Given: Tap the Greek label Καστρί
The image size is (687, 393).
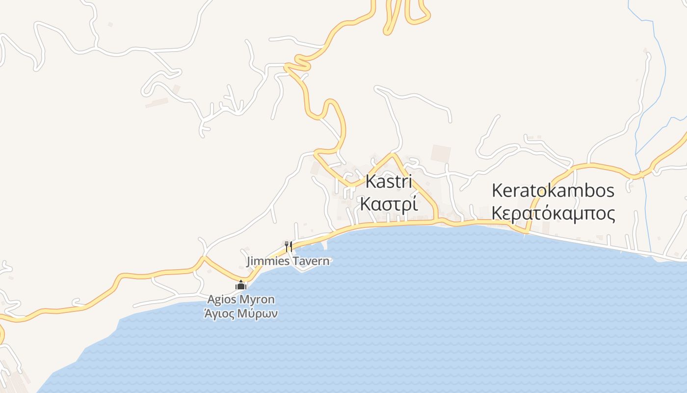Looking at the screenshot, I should pyautogui.click(x=389, y=203).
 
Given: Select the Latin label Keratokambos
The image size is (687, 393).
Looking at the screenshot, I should pyautogui.click(x=553, y=191).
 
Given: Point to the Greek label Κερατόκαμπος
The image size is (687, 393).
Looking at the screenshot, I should pyautogui.click(x=553, y=214).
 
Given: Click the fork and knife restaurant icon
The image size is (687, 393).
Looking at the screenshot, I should pyautogui.click(x=289, y=246).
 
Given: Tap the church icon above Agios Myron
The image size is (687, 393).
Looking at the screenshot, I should pyautogui.click(x=241, y=285).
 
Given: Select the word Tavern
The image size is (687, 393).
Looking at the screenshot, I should pyautogui.click(x=311, y=261).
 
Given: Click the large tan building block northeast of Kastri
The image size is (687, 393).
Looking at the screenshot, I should pyautogui.click(x=441, y=153).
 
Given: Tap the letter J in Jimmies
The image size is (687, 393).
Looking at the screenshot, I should pyautogui.click(x=248, y=261).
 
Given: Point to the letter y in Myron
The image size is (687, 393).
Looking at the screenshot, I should pyautogui.click(x=251, y=301).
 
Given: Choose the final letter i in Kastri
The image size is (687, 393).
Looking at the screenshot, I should pyautogui.click(x=409, y=182).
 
